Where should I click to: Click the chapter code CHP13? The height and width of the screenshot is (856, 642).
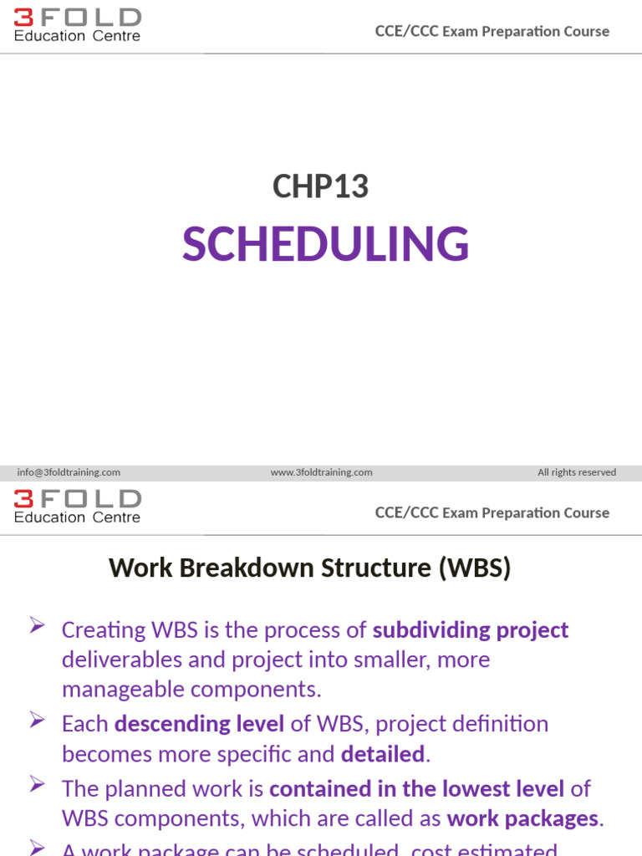tap(320, 186)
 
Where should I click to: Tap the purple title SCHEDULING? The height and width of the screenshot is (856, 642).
tap(325, 244)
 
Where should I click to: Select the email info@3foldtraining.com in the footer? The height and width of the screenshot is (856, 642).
tap(69, 472)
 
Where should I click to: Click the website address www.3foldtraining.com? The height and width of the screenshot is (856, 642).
tap(321, 472)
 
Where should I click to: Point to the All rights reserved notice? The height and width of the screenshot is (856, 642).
tap(577, 472)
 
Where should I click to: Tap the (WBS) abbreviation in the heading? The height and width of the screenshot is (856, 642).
tap(472, 568)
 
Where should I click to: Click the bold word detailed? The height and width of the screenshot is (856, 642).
tap(383, 755)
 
